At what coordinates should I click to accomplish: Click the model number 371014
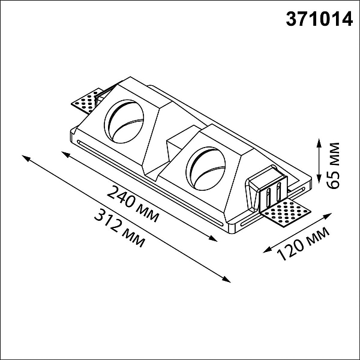[319, 19]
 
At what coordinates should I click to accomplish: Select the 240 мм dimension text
[133, 204]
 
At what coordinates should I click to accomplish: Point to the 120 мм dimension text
[303, 244]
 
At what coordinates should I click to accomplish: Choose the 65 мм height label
[334, 166]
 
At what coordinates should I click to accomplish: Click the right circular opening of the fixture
[206, 168]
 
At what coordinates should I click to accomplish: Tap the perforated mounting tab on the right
[286, 213]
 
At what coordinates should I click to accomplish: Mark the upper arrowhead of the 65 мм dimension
[319, 143]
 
